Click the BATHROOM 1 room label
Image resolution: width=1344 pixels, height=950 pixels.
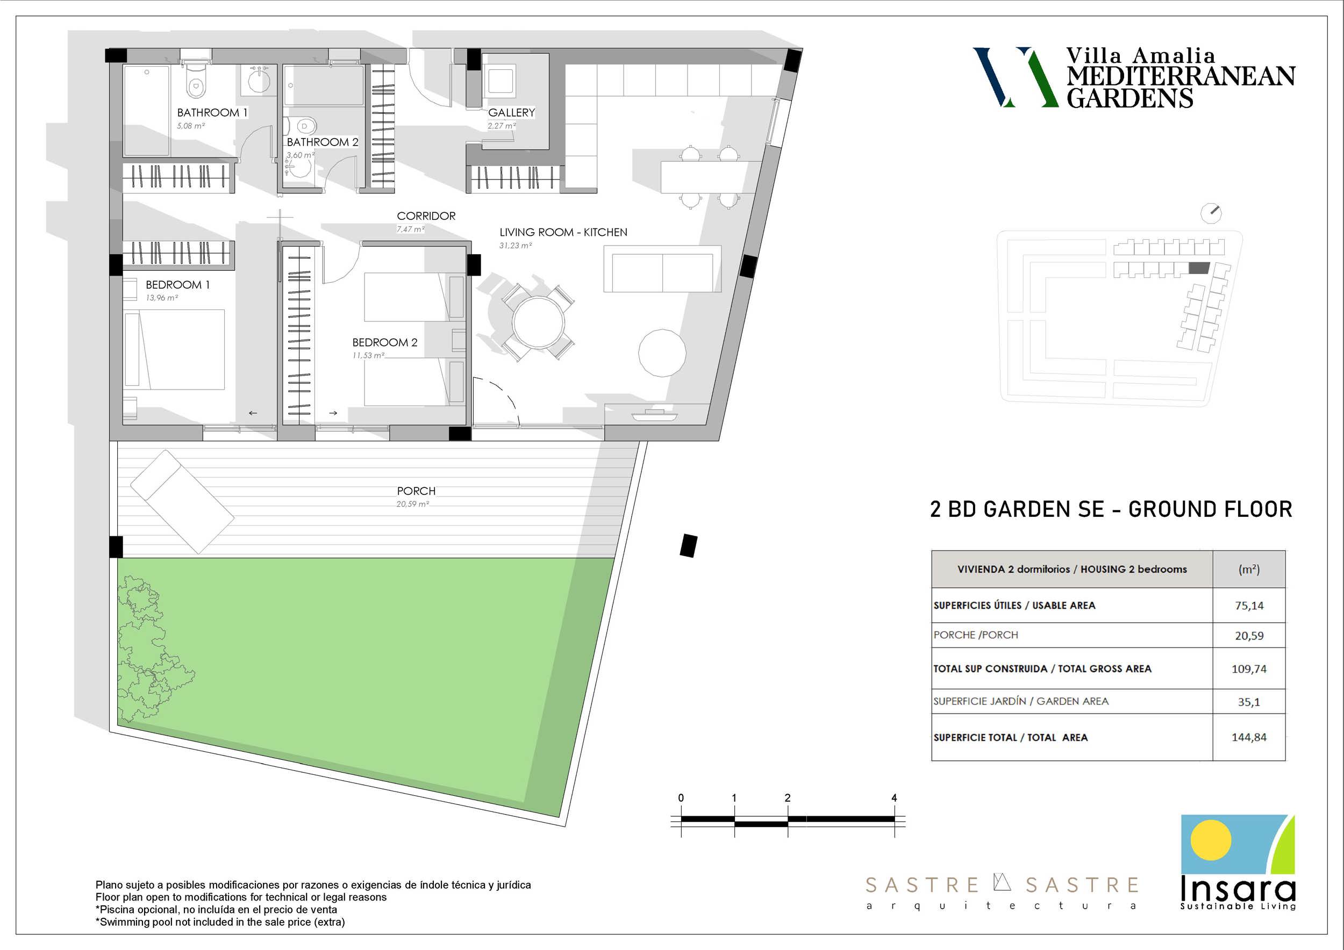pos(212,112)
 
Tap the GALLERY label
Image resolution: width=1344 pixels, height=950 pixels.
pos(512,112)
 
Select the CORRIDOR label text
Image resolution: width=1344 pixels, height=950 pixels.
pos(426,216)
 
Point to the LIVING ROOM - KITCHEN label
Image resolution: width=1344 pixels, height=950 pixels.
pos(563,232)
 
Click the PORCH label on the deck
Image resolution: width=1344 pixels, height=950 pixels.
pos(416,491)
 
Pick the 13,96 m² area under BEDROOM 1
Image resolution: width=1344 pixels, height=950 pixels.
pos(162,298)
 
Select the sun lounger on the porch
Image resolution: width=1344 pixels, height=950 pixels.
pos(182,501)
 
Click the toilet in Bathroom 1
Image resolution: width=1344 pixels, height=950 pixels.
pos(196,82)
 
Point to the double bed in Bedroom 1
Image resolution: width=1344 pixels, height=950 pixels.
pos(174,349)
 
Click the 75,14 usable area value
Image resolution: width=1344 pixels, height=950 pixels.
pos(1249,606)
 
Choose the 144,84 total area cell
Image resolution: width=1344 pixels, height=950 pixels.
pos(1249,737)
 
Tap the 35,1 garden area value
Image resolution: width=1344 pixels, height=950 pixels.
pos(1249,701)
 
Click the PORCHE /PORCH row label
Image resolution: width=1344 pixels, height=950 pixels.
pos(976,635)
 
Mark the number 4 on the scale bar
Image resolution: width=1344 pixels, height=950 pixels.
pos(894,798)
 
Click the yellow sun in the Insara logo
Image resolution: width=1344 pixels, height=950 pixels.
pos(1211,840)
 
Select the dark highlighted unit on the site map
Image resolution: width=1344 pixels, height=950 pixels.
pos(1199,268)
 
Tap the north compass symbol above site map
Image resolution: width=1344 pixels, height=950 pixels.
pos(1211,213)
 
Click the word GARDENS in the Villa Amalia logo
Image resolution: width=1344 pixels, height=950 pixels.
pos(1129,98)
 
